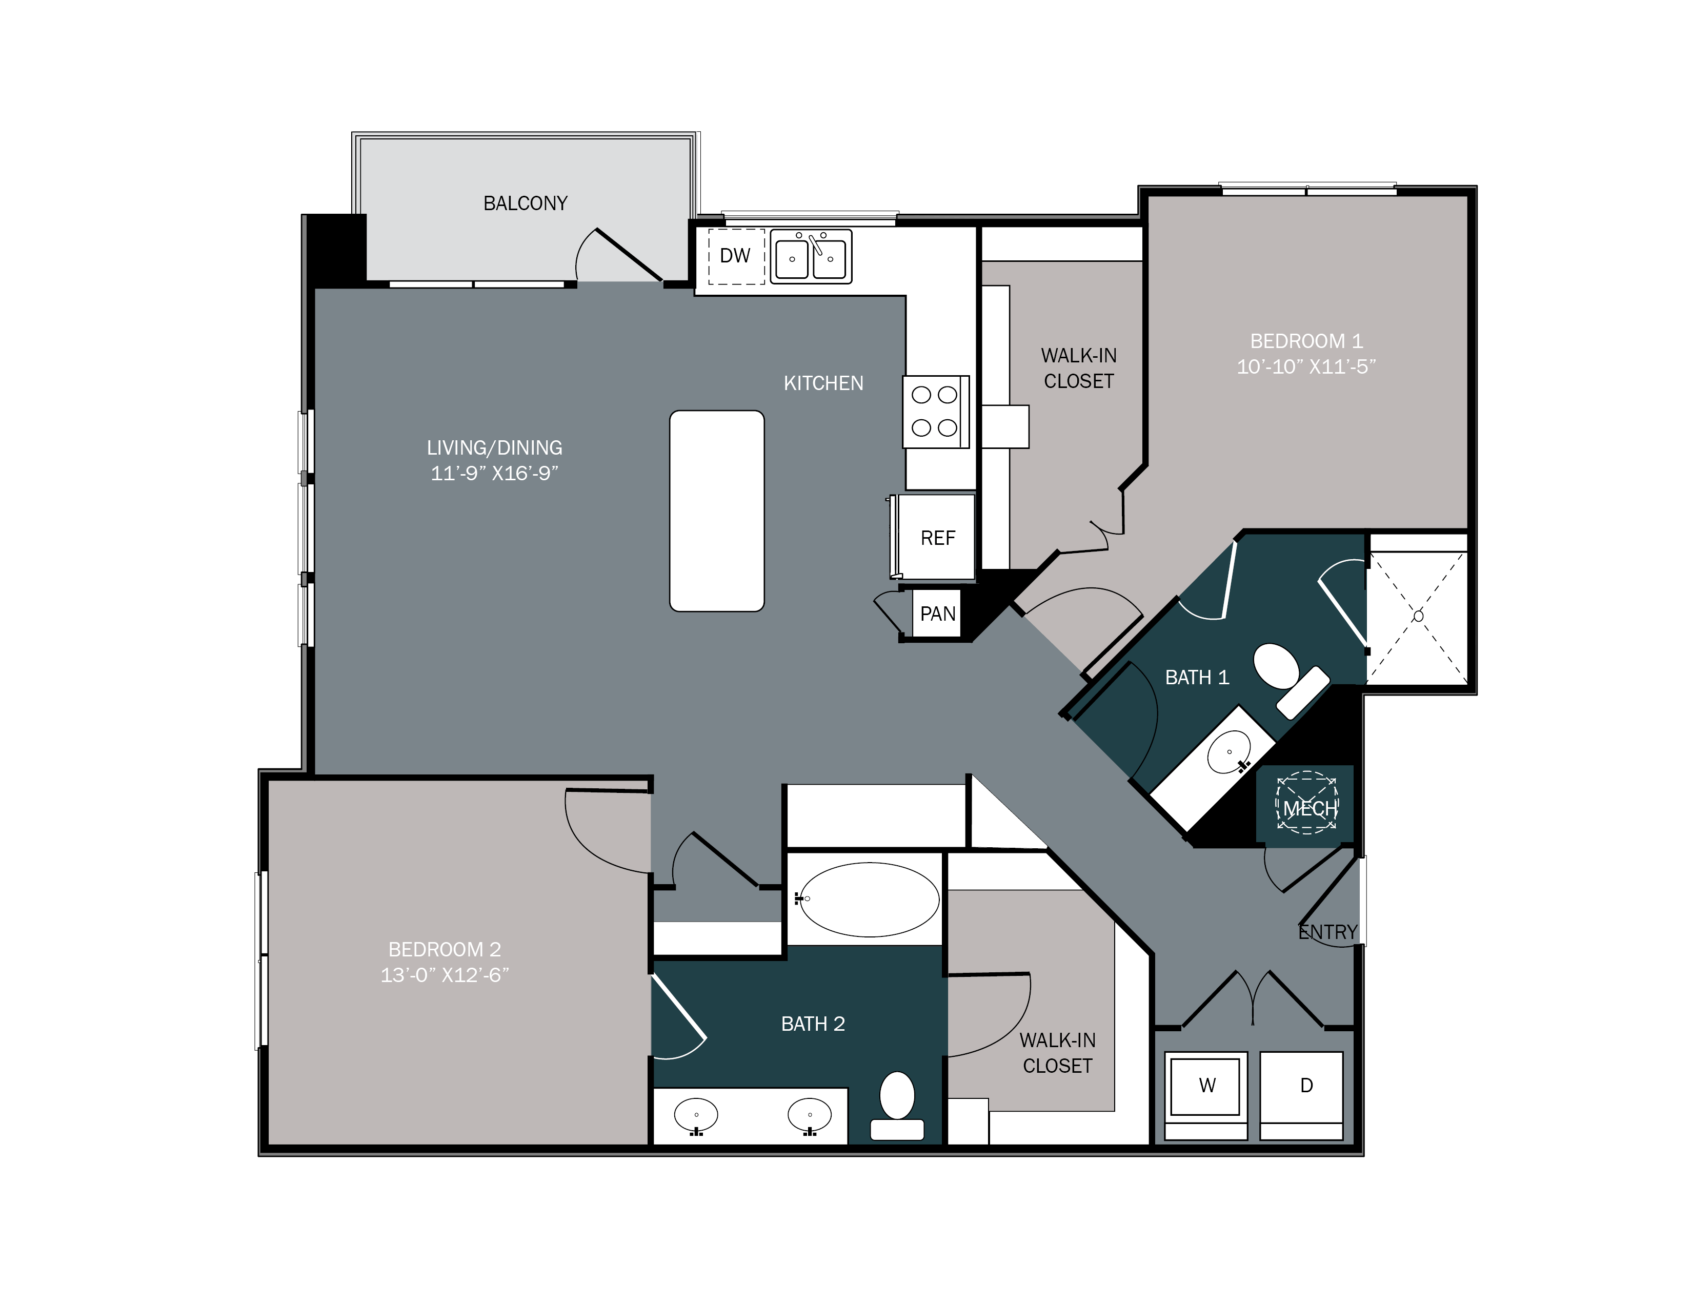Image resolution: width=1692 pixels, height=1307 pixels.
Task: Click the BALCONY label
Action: pyautogui.click(x=525, y=203)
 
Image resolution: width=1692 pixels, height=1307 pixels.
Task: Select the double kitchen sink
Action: pyautogui.click(x=810, y=256)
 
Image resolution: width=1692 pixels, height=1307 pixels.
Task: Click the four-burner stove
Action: pyautogui.click(x=934, y=411)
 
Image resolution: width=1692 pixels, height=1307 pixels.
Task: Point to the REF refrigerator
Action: pyautogui.click(x=937, y=537)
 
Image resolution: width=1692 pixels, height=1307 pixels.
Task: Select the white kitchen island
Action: pyautogui.click(x=717, y=511)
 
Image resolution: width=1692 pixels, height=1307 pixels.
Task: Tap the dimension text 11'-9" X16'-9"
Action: pyautogui.click(x=494, y=473)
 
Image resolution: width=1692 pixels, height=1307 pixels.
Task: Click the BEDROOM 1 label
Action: pyautogui.click(x=1306, y=341)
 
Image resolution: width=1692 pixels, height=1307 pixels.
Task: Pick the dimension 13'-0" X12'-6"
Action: pyautogui.click(x=445, y=975)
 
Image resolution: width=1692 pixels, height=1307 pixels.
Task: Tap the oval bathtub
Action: pyautogui.click(x=869, y=899)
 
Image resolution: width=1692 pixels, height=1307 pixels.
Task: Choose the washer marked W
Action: pyautogui.click(x=1206, y=1086)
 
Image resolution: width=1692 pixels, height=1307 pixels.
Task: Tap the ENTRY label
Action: pyautogui.click(x=1328, y=932)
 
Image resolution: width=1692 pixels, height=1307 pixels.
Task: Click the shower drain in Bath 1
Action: pyautogui.click(x=1418, y=616)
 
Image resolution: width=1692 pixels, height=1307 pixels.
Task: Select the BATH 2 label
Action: pyautogui.click(x=813, y=1024)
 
